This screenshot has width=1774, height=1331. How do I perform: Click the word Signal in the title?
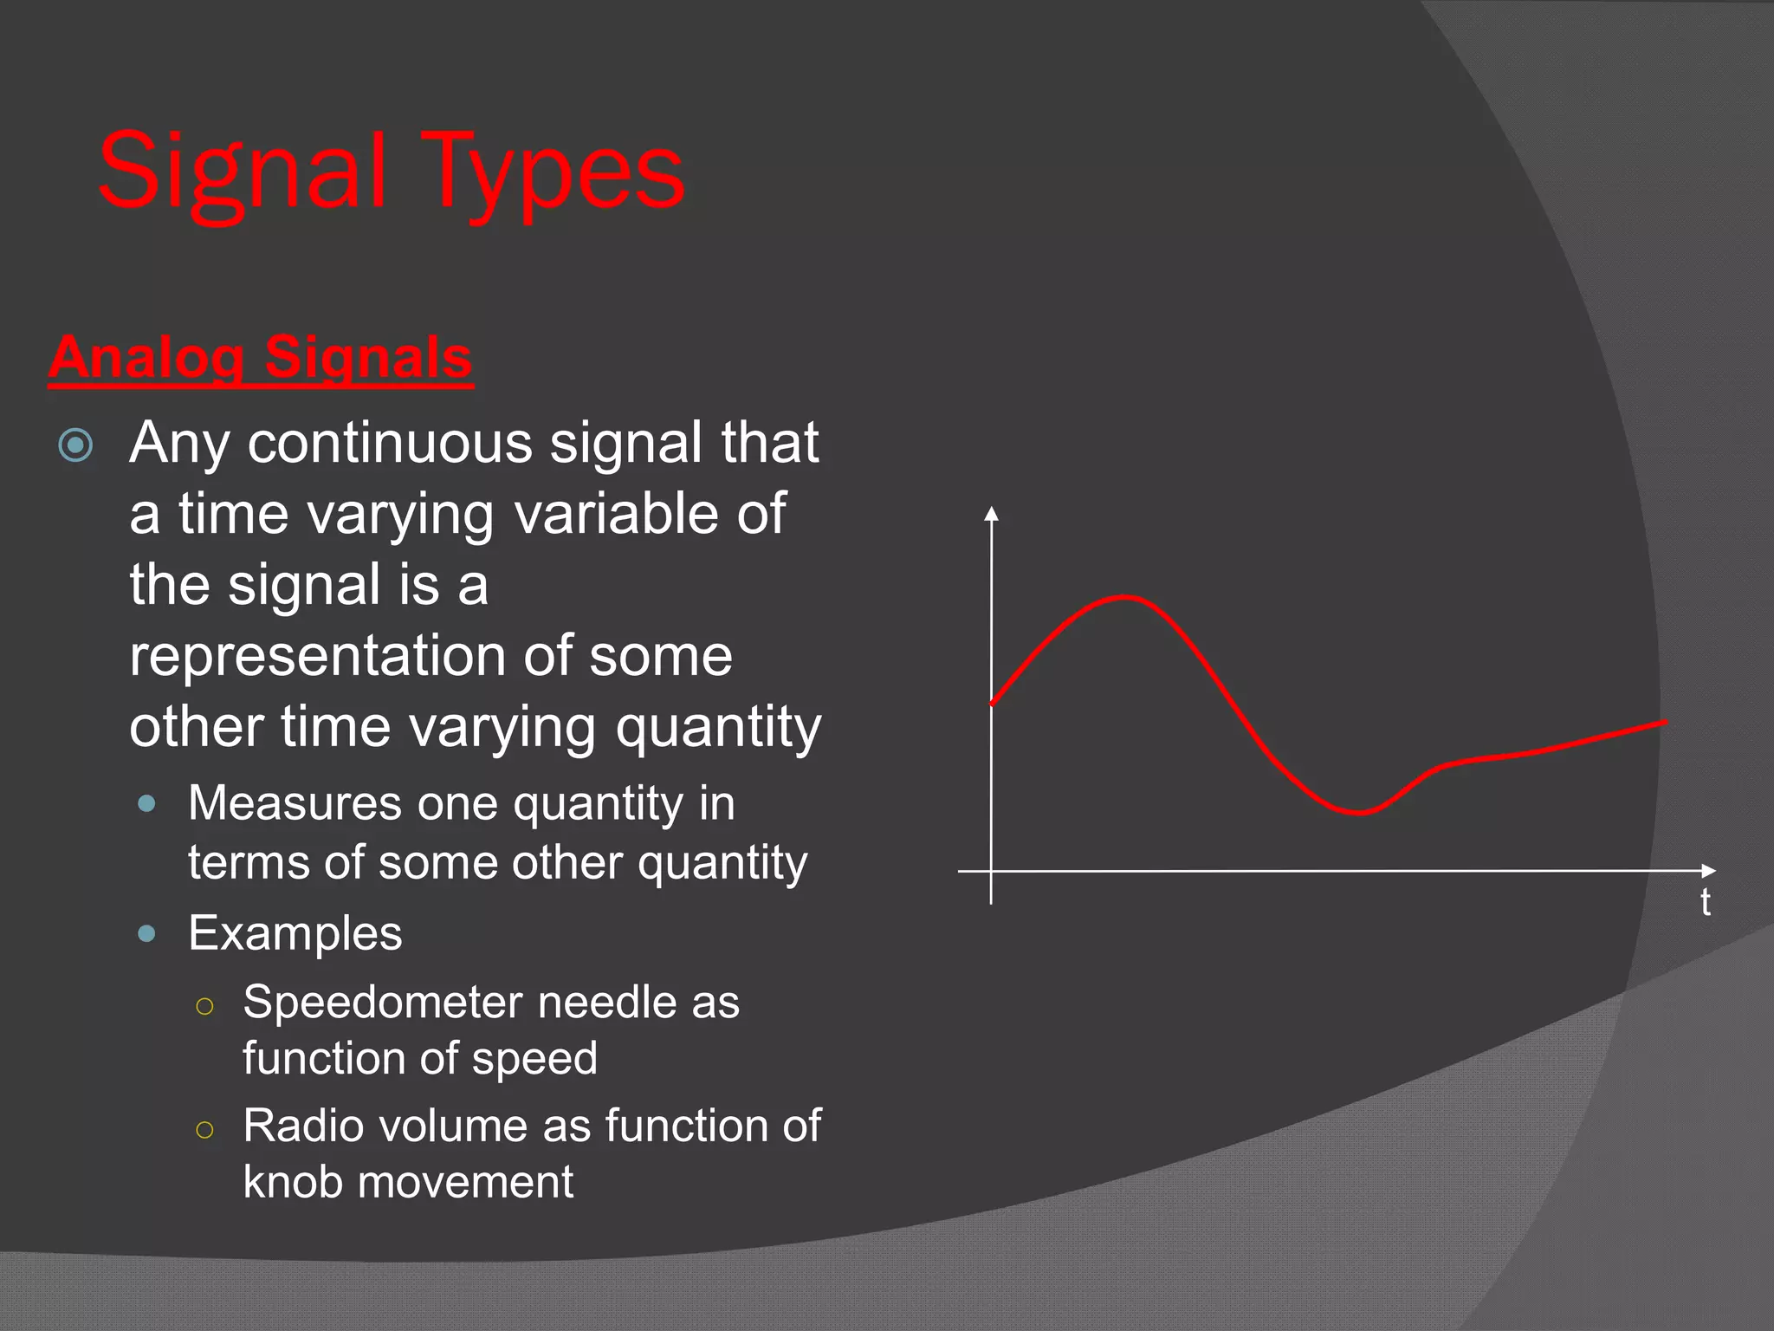(241, 173)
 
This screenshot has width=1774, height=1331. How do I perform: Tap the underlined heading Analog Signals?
(261, 357)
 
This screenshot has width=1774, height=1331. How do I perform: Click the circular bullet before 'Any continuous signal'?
(75, 445)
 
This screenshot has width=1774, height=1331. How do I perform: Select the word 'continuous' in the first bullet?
(390, 443)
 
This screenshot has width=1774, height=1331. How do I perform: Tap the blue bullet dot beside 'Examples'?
(147, 933)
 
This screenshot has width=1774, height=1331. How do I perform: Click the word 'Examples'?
(295, 934)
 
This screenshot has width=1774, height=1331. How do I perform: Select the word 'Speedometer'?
(380, 1003)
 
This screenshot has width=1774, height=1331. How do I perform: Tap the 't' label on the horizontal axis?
(1705, 903)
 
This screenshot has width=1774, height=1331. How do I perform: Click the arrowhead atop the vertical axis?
(992, 513)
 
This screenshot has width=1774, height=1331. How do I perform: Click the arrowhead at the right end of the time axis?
(1708, 870)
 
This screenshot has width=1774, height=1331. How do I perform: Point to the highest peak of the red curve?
(1123, 597)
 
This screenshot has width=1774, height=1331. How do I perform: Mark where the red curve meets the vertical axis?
(993, 703)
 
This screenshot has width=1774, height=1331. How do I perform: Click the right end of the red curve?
(1664, 722)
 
